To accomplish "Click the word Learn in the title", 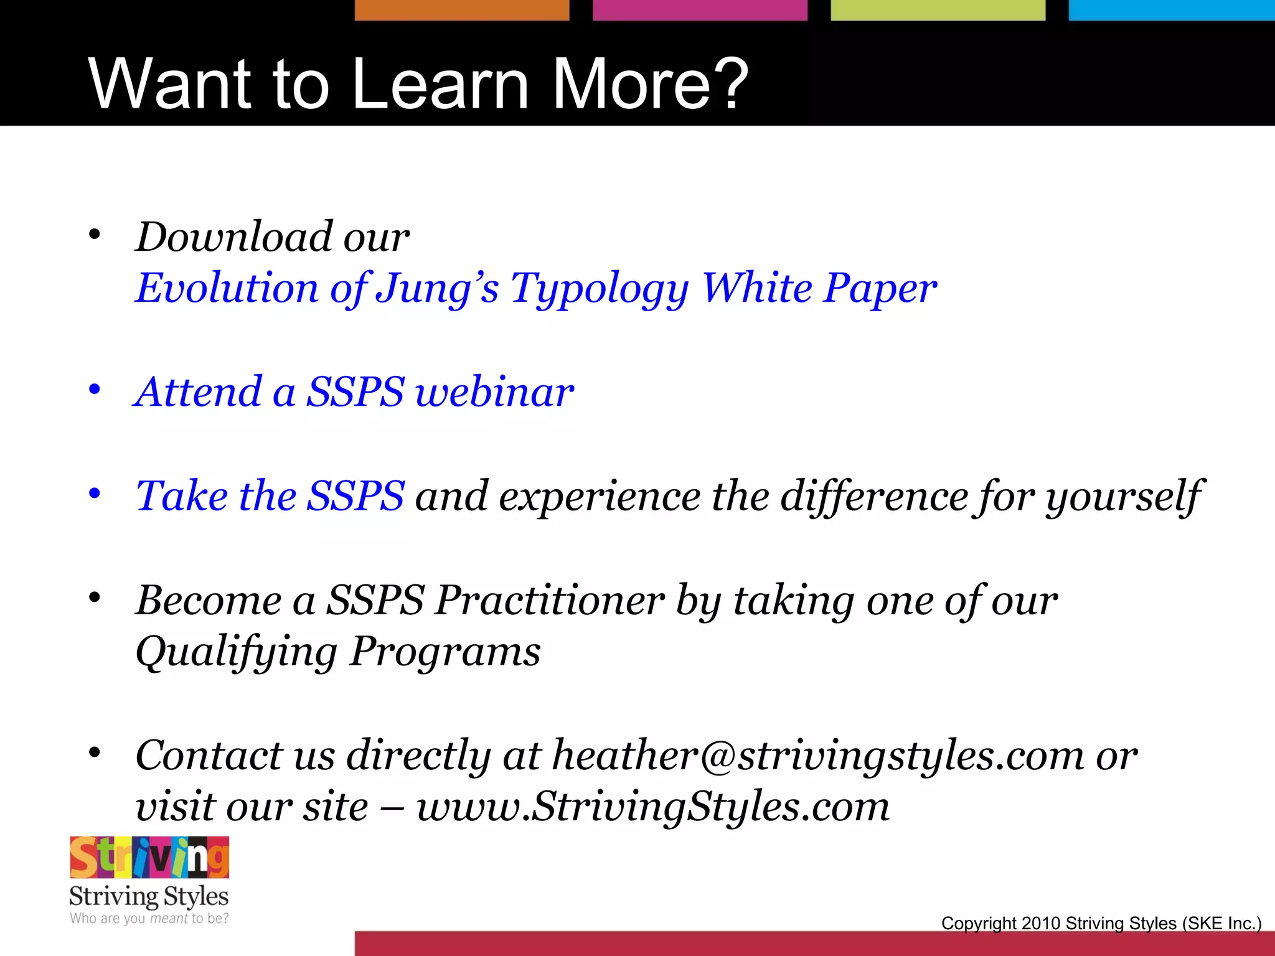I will (x=440, y=83).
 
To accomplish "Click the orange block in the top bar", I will (x=461, y=10).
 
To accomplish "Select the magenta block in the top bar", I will (x=699, y=10).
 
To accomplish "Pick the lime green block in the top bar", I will (x=938, y=10).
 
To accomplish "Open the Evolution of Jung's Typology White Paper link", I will (x=535, y=288).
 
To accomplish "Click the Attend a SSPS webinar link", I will (x=354, y=392).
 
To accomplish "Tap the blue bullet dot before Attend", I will (x=95, y=390).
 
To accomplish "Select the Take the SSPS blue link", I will (x=270, y=496).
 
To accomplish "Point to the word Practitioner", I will (x=549, y=601).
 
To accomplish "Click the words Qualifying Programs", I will (x=338, y=652).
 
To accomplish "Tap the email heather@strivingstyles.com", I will (x=817, y=756).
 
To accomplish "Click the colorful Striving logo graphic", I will (x=149, y=858).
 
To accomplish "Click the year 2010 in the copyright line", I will (x=1040, y=923).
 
